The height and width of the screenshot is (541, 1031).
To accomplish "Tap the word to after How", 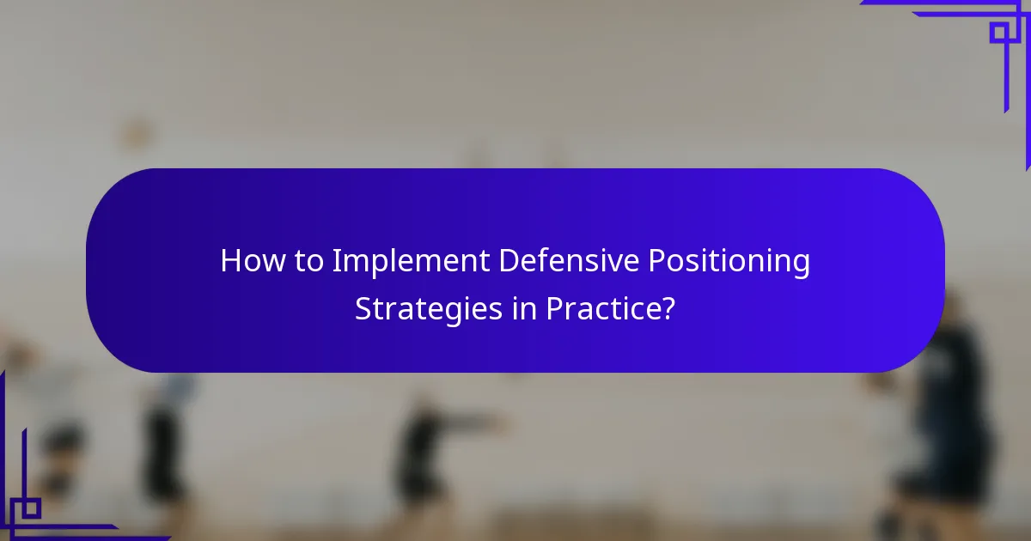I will point(307,261).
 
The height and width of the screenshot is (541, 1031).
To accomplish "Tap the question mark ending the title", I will point(667,308).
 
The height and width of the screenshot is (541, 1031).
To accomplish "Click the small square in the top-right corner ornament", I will point(998,33).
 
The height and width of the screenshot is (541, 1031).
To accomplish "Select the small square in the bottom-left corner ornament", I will point(31,508).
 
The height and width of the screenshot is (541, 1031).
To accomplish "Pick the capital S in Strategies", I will point(364,308).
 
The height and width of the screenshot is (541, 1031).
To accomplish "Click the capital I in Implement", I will point(336,261).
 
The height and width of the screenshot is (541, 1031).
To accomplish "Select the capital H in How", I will point(230,261).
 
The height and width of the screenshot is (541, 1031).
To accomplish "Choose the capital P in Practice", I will point(553,308).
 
